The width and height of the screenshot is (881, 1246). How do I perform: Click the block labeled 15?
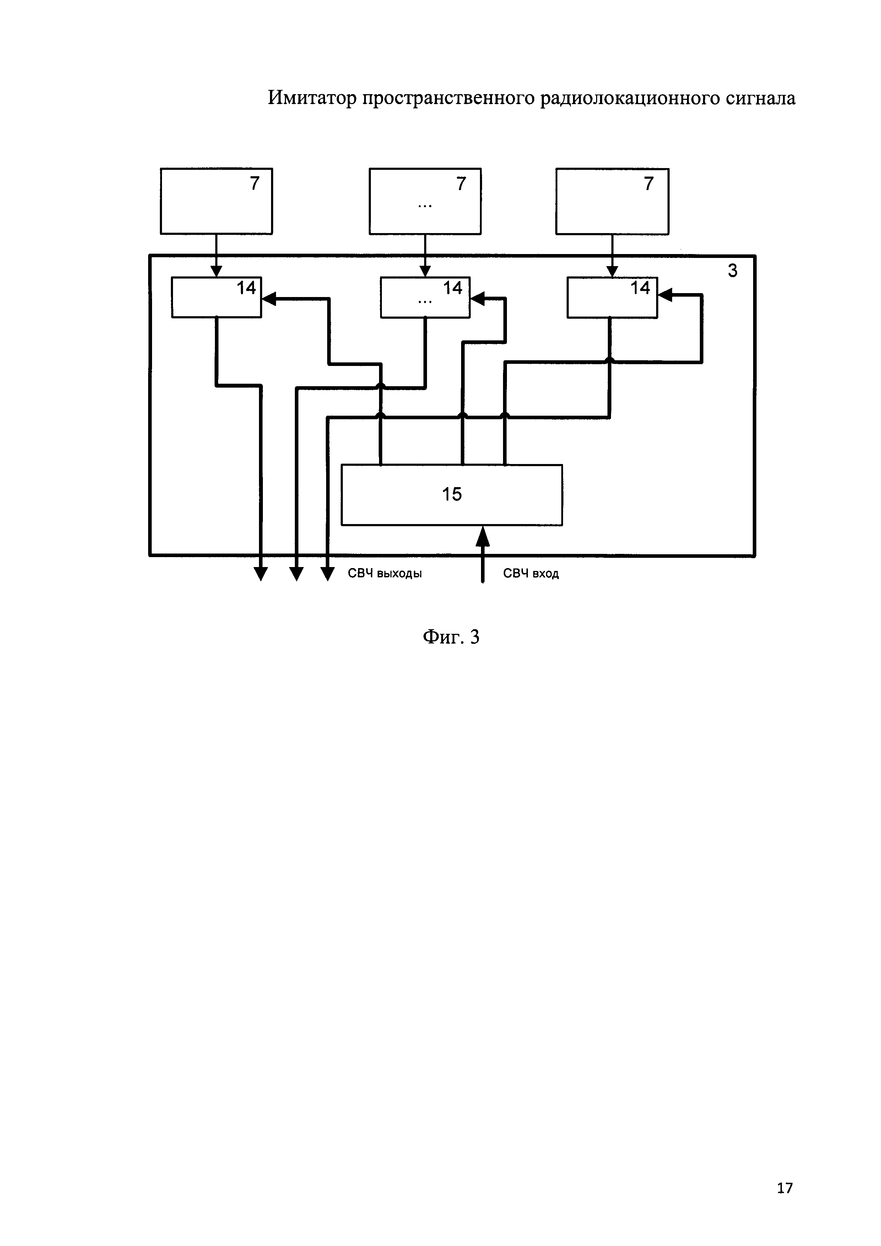(x=452, y=495)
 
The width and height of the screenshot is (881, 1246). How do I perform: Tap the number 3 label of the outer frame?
(x=733, y=271)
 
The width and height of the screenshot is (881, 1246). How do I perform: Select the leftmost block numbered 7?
(x=216, y=201)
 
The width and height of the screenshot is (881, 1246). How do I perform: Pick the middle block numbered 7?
(x=425, y=201)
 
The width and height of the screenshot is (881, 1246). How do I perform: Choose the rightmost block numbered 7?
(x=612, y=201)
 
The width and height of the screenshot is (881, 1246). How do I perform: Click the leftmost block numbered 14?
(x=216, y=297)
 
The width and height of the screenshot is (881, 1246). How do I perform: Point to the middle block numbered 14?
(x=425, y=297)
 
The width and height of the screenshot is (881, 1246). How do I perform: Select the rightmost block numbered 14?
(x=612, y=297)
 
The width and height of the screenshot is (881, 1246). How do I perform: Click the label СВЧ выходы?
(x=385, y=574)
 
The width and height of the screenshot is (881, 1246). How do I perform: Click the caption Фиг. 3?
(x=451, y=637)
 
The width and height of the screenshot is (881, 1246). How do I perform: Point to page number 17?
(x=784, y=1188)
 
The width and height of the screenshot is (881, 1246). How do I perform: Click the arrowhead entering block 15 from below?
(x=482, y=536)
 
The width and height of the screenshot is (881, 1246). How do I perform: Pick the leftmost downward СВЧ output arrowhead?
(x=261, y=574)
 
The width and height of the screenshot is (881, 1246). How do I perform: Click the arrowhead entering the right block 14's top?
(x=612, y=271)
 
